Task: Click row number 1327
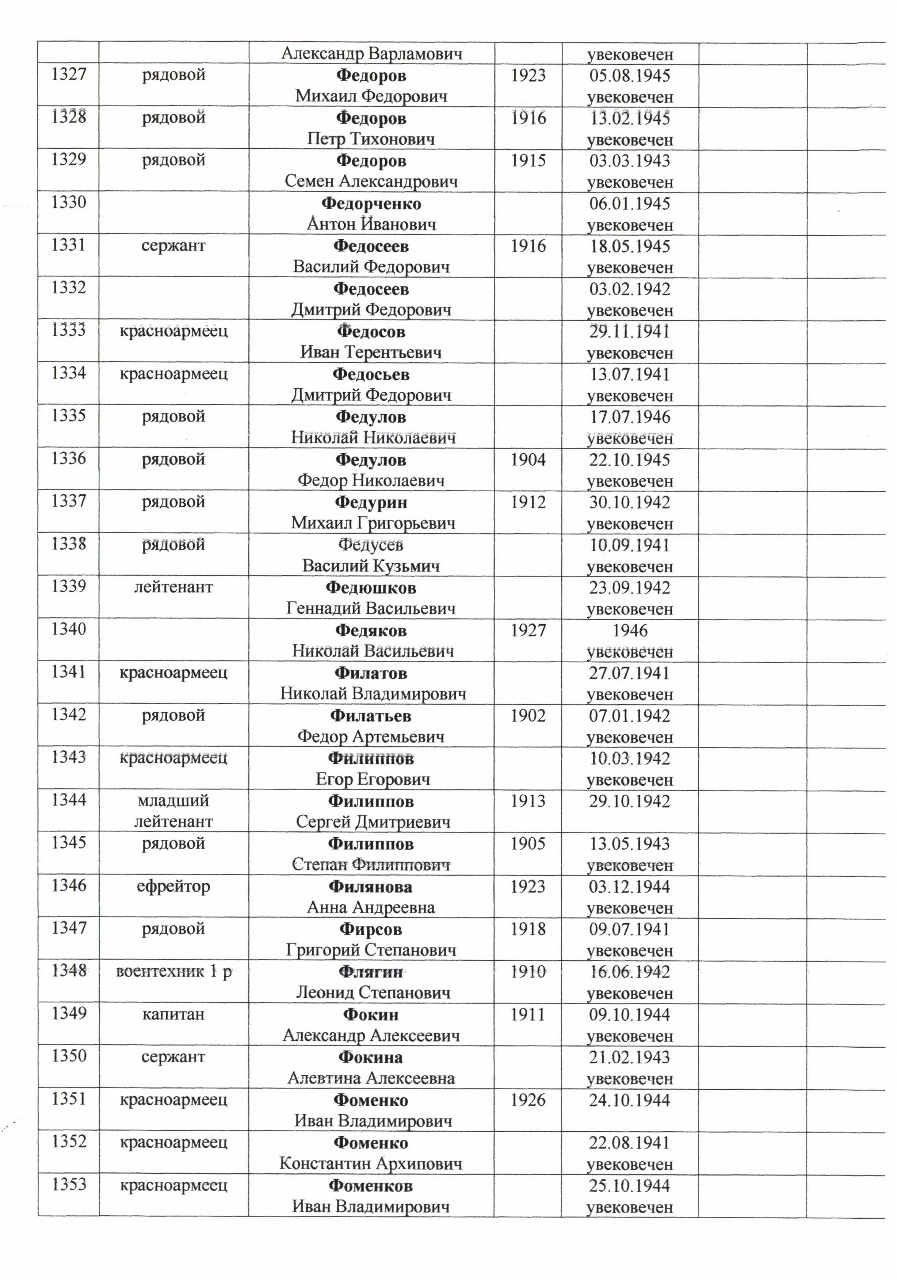(69, 74)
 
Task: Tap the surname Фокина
(370, 1057)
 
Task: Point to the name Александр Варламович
(371, 54)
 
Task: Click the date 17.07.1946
(630, 417)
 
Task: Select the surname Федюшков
(371, 588)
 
